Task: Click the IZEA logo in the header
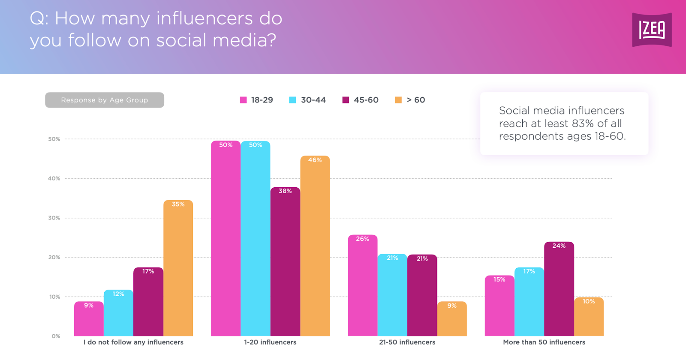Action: coord(652,30)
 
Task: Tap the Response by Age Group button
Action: coord(105,100)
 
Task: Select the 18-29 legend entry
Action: coord(256,100)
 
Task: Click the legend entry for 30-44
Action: coord(307,100)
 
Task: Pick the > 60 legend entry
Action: coord(410,100)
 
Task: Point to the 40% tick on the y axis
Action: coord(54,178)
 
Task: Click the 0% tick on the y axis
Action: coord(56,336)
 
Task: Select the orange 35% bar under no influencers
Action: coord(178,270)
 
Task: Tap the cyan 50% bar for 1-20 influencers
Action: coord(256,240)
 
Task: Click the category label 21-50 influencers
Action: coord(407,342)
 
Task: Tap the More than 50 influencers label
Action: coord(544,342)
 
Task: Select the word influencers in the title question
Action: coord(205,18)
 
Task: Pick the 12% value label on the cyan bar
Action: coord(118,294)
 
